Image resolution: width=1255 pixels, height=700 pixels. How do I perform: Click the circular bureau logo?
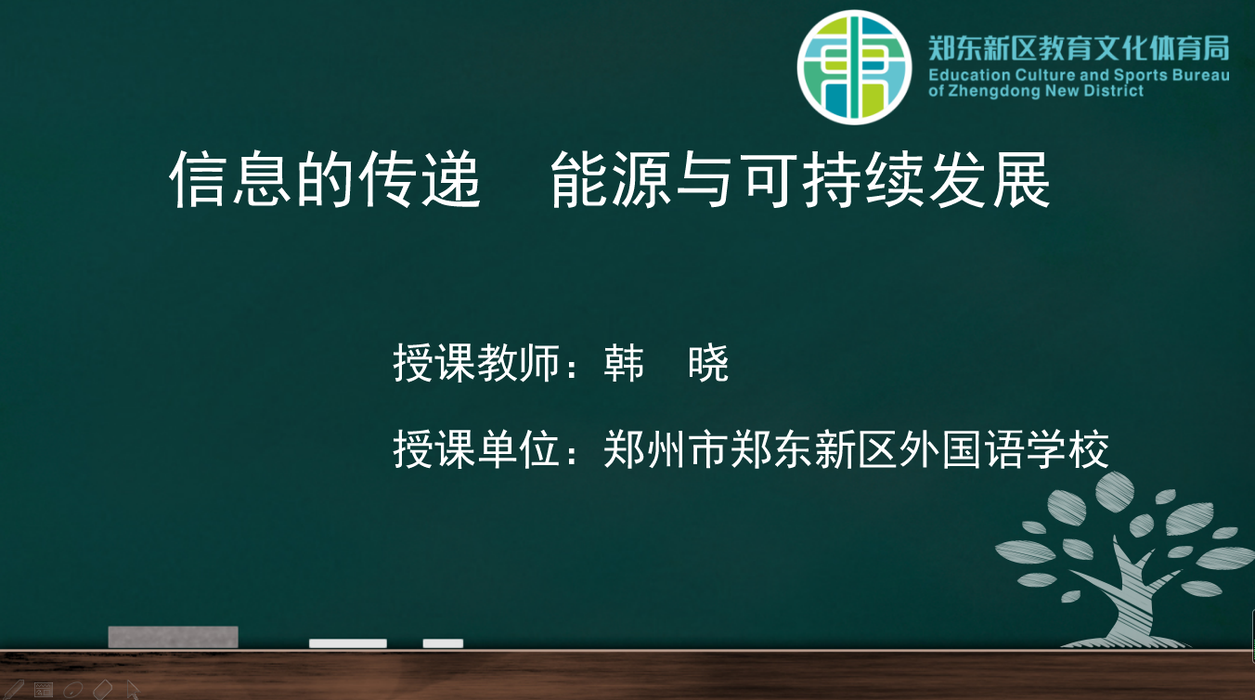pos(854,67)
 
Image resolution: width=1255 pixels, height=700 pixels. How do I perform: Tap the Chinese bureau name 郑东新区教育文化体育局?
pos(1079,48)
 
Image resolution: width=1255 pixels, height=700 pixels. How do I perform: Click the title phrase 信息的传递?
pos(325,179)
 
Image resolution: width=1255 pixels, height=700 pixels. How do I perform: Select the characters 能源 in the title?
pos(611,179)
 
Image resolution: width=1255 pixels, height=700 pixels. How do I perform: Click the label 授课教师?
pos(477,363)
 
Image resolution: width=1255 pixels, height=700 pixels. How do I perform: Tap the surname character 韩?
pos(624,363)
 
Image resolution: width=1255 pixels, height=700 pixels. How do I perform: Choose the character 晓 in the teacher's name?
pos(708,363)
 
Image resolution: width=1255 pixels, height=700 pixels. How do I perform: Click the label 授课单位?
pos(477,449)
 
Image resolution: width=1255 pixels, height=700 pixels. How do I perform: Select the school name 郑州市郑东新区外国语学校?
pos(856,449)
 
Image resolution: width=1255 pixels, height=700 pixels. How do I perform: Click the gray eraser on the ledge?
pos(174,637)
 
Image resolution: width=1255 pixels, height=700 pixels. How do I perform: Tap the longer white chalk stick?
pos(348,643)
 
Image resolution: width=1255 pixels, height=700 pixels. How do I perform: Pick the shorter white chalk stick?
pos(443,643)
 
